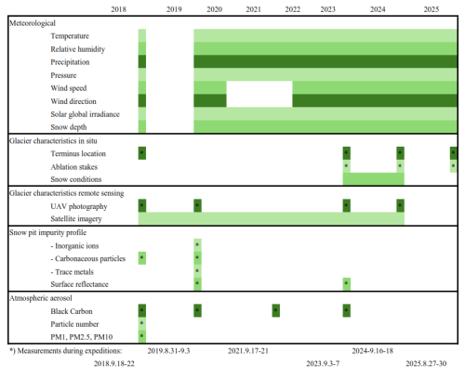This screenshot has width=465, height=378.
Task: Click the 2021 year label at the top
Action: pos(253,9)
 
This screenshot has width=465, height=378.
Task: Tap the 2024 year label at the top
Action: pos(378,9)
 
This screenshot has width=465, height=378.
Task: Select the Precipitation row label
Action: pos(70,62)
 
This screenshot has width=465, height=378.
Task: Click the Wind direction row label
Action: pos(73,101)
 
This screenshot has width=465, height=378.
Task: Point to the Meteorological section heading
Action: pos(33,23)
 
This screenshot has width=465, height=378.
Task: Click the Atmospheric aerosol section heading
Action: pos(41,298)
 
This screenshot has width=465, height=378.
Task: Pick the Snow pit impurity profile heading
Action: pos(47,233)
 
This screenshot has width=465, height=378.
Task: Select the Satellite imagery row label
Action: pos(76,219)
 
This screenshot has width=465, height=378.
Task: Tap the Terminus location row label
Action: pos(78,153)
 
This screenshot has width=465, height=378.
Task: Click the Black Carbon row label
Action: pos(72,311)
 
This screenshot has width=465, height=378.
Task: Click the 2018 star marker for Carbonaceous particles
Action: pos(142,258)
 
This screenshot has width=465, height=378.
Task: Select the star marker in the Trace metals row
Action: pos(197,271)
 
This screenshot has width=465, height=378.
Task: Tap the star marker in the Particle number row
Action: pos(142,323)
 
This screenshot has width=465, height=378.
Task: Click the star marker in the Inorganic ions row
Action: pos(197,245)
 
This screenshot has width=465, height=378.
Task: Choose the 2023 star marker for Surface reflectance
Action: pos(347,284)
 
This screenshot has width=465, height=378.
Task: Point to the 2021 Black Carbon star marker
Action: pos(276,310)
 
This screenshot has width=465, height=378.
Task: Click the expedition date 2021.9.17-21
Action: pos(248,351)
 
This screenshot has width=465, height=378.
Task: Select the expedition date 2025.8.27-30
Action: pos(426,363)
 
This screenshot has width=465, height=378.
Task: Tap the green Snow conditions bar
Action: pos(374,179)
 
